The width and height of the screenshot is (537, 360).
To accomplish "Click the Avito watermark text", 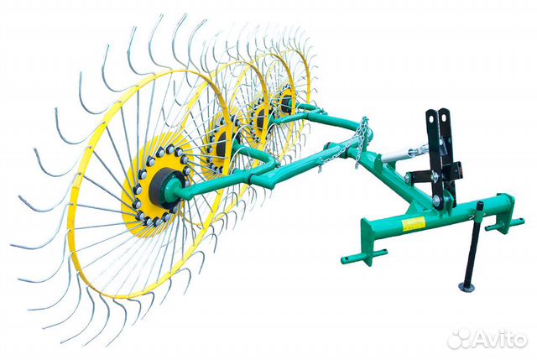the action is point(502,341).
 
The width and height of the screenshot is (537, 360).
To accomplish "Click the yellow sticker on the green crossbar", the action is point(414,224).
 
